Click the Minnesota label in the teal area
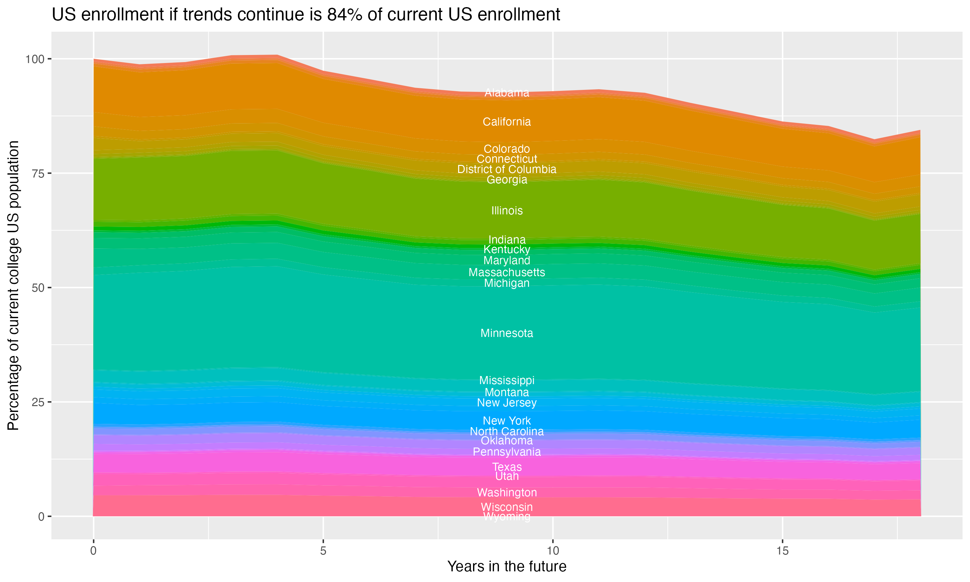pyautogui.click(x=507, y=333)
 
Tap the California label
pyautogui.click(x=507, y=122)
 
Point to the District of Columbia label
pyautogui.click(x=507, y=169)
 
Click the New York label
pyautogui.click(x=507, y=421)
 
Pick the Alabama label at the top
pyautogui.click(x=507, y=93)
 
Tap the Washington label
pyautogui.click(x=507, y=492)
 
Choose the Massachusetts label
pyautogui.click(x=507, y=272)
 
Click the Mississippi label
pyautogui.click(x=507, y=381)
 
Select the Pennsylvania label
pyautogui.click(x=507, y=452)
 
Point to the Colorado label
pyautogui.click(x=507, y=149)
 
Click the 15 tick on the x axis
pyautogui.click(x=782, y=551)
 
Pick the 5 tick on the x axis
pyautogui.click(x=323, y=551)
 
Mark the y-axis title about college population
pyautogui.click(x=13, y=285)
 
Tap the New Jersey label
pyautogui.click(x=507, y=403)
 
